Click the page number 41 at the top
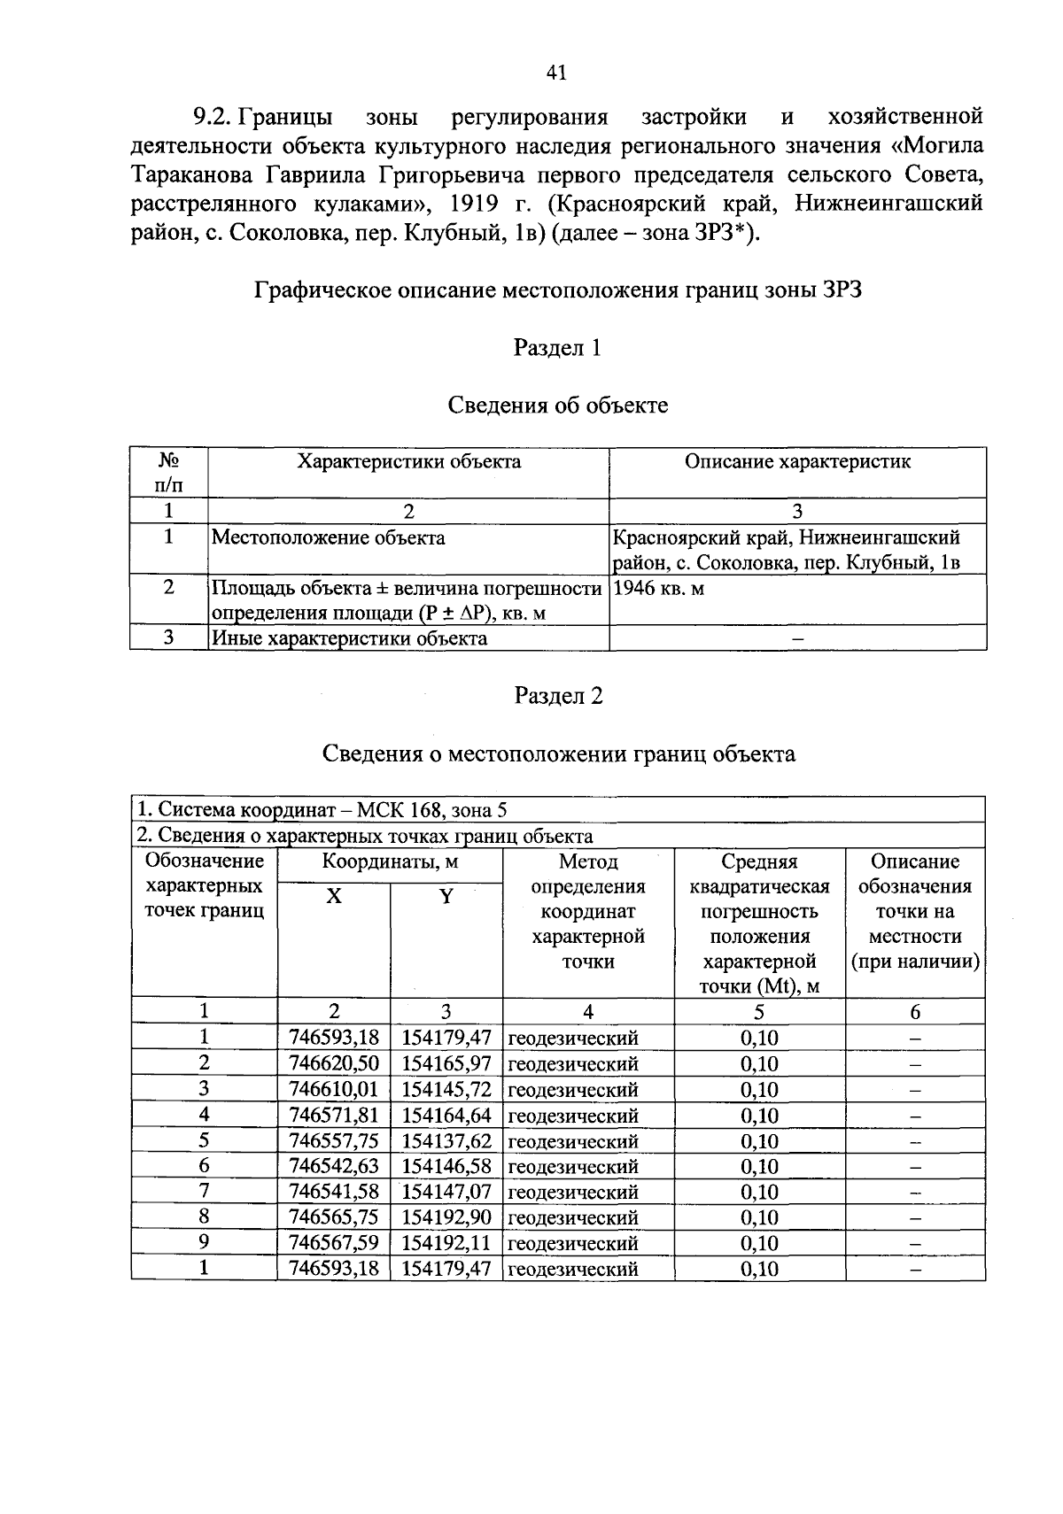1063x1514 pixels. [556, 73]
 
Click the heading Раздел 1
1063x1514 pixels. [557, 348]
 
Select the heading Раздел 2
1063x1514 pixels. [558, 696]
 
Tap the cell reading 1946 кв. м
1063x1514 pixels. [658, 588]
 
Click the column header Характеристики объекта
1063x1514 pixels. [408, 461]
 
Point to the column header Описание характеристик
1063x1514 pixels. [797, 461]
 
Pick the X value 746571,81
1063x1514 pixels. [334, 1115]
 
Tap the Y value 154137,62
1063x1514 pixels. [446, 1140]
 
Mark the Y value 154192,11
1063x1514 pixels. [446, 1243]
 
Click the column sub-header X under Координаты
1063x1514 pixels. [334, 896]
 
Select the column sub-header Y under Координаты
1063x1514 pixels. [446, 896]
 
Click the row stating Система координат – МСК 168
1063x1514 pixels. [322, 810]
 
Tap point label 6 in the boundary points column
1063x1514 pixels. [204, 1166]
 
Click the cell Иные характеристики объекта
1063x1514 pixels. [348, 637]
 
